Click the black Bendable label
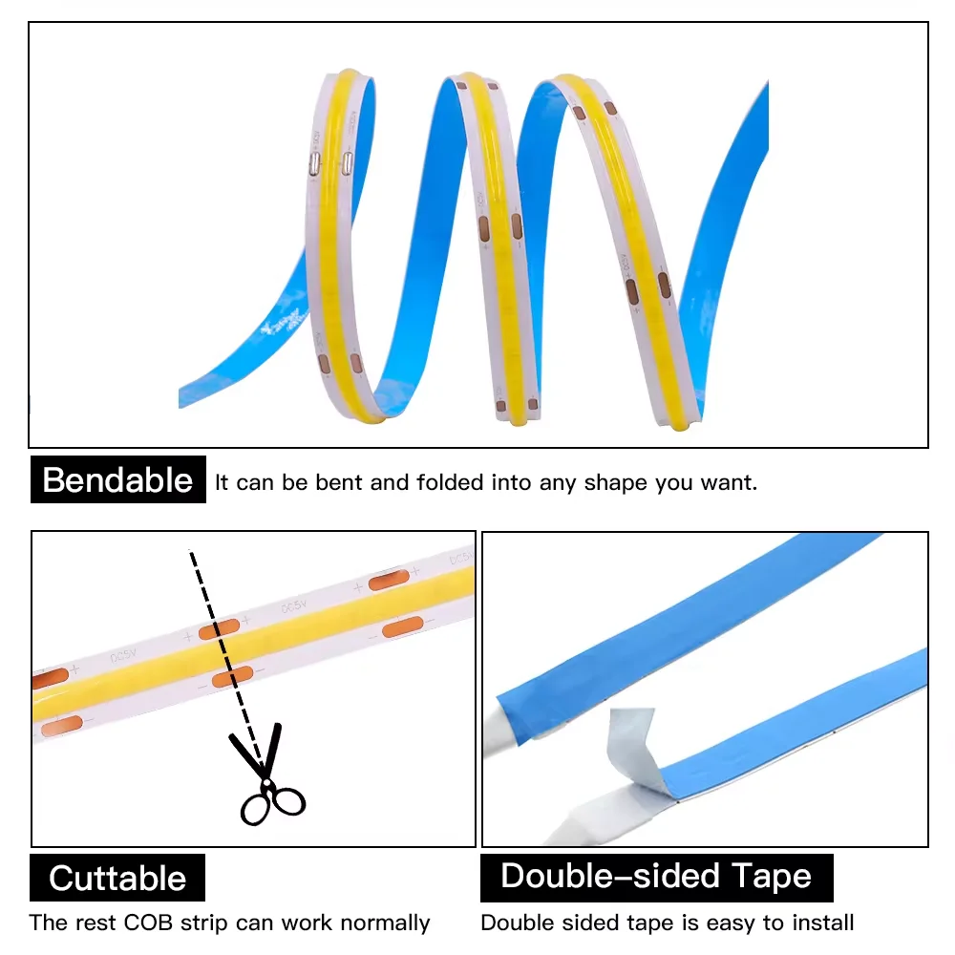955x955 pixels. pyautogui.click(x=117, y=479)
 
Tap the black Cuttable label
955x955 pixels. pyautogui.click(x=117, y=878)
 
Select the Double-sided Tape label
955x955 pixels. pyautogui.click(x=656, y=876)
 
